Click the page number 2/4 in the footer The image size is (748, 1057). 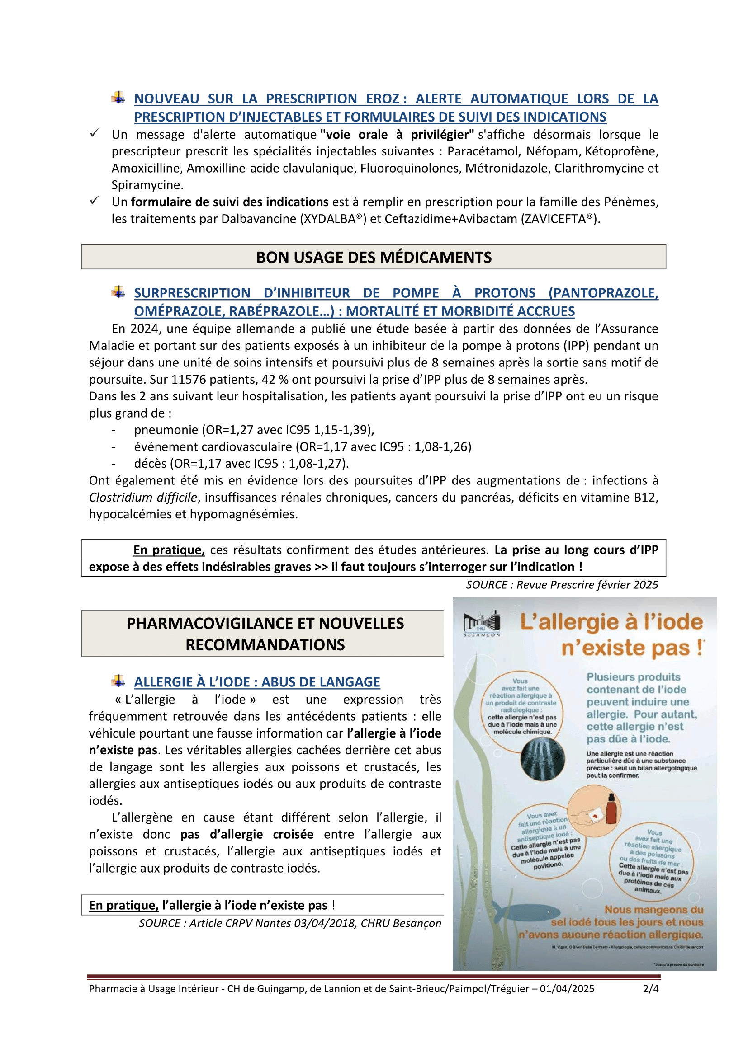650,988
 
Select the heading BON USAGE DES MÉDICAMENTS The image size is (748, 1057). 374,257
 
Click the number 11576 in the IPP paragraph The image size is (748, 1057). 186,379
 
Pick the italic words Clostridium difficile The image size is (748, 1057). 143,497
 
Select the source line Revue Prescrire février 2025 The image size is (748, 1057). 562,585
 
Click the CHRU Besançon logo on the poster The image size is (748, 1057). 482,624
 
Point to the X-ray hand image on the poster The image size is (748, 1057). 542,759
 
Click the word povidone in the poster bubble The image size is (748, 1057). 548,865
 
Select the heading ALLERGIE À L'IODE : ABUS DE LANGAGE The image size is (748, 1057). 257,682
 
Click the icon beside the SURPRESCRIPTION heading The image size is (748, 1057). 118,292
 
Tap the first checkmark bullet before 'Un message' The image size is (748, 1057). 95,133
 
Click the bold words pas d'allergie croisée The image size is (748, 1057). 247,834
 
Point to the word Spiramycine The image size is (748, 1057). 147,185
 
